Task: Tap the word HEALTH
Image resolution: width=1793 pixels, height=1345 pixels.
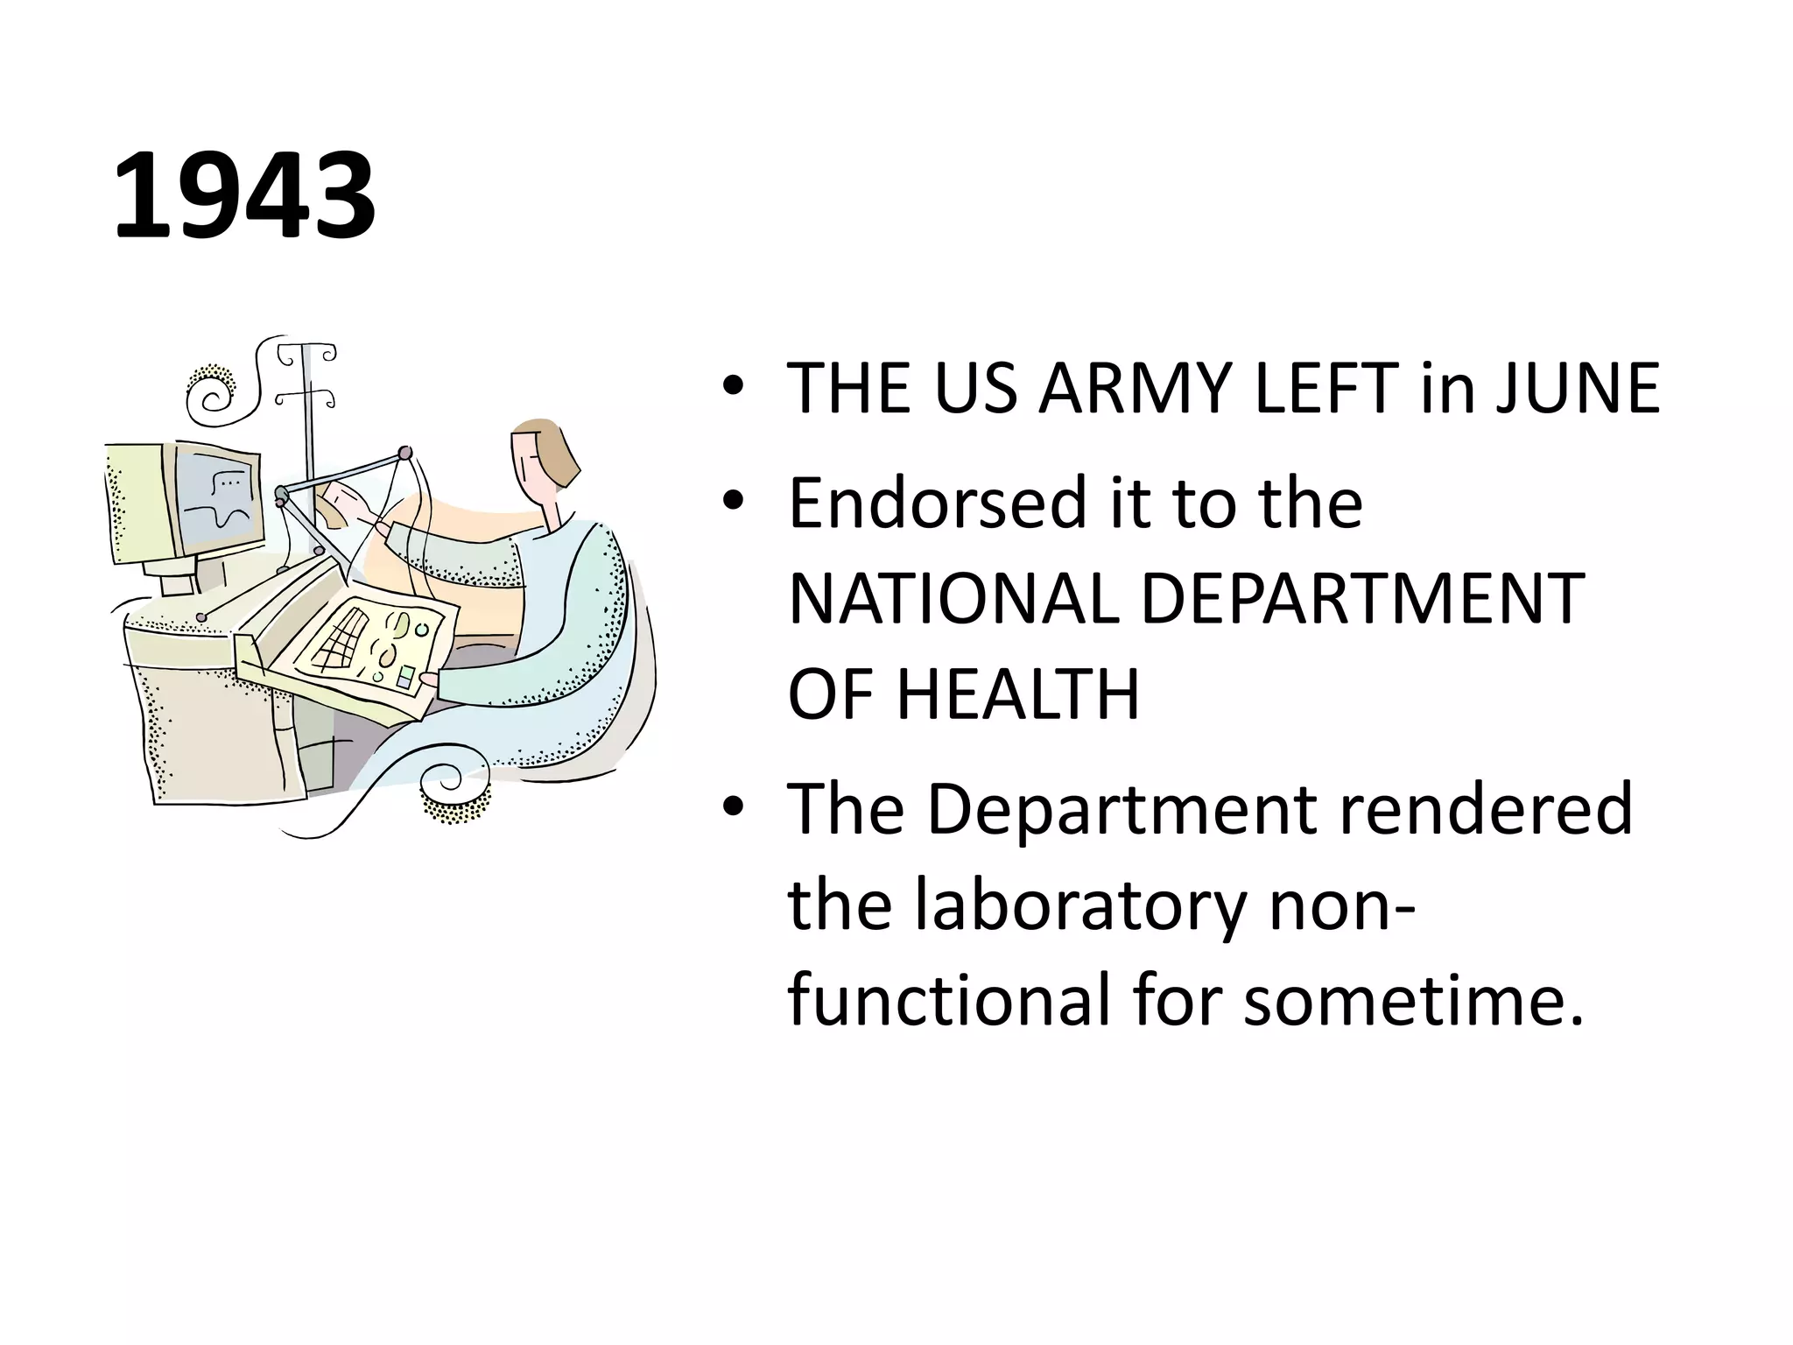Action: [x=1017, y=694]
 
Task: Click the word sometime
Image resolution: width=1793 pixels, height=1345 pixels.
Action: [x=1413, y=999]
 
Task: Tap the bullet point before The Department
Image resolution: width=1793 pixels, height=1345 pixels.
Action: [x=734, y=806]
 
